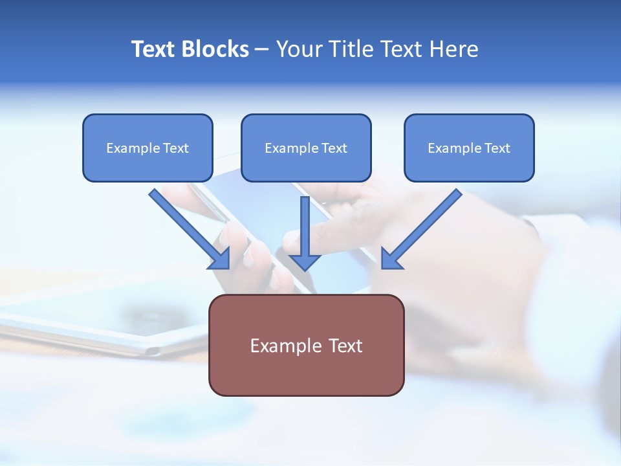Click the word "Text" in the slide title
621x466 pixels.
[x=154, y=49]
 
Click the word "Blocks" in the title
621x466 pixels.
[x=215, y=49]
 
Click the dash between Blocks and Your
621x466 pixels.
[x=262, y=50]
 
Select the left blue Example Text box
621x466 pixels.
[x=147, y=148]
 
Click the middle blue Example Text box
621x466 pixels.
[x=306, y=148]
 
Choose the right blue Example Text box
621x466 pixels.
[x=469, y=148]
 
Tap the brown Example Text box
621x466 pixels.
[x=306, y=346]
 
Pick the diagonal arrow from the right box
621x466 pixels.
[x=427, y=224]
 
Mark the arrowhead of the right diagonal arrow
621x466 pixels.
[x=391, y=258]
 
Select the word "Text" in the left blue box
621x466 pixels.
[x=176, y=148]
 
